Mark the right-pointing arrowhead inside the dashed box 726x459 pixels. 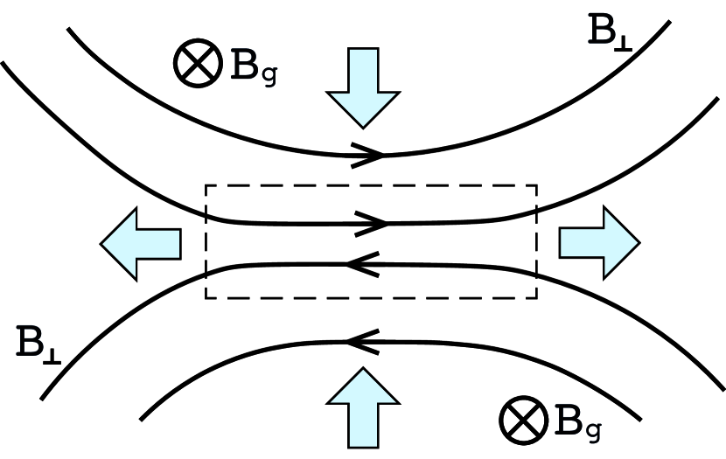[x=373, y=223]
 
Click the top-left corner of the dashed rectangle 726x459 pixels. [x=206, y=185]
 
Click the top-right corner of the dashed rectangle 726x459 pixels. [x=536, y=185]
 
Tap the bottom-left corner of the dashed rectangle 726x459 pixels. [x=206, y=298]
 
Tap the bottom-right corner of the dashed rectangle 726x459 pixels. [x=536, y=298]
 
